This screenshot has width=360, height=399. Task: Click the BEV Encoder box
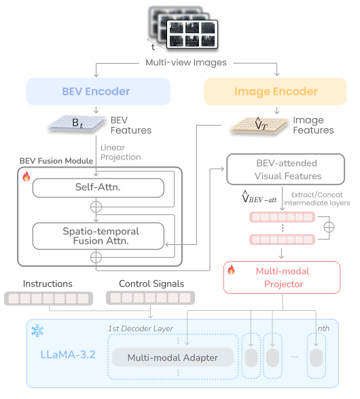pyautogui.click(x=98, y=92)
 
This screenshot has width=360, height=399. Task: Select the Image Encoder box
pyautogui.click(x=275, y=92)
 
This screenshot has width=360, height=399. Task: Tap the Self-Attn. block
pyautogui.click(x=98, y=188)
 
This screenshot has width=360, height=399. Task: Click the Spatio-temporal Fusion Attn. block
pyautogui.click(x=98, y=236)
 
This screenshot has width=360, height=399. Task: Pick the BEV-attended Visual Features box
pyautogui.click(x=285, y=169)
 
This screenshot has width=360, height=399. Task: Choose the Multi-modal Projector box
pyautogui.click(x=282, y=278)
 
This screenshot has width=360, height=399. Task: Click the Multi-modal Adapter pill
pyautogui.click(x=173, y=357)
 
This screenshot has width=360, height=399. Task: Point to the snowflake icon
pyautogui.click(x=37, y=330)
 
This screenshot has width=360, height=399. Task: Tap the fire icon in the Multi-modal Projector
pyautogui.click(x=231, y=269)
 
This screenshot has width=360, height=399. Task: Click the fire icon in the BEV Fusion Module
pyautogui.click(x=26, y=176)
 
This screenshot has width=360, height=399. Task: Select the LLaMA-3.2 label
pyautogui.click(x=68, y=354)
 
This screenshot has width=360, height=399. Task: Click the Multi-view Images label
pyautogui.click(x=185, y=62)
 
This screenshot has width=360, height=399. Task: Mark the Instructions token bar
pyautogui.click(x=48, y=299)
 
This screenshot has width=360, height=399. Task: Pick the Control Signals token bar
pyautogui.click(x=150, y=298)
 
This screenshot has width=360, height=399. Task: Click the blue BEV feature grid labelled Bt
pyautogui.click(x=77, y=123)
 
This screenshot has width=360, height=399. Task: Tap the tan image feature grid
pyautogui.click(x=259, y=126)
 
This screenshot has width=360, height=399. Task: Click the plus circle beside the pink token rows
pyautogui.click(x=329, y=227)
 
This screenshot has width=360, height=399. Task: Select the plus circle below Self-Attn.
pyautogui.click(x=96, y=207)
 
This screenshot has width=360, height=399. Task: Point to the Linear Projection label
pyautogui.click(x=120, y=153)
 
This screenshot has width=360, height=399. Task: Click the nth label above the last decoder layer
pyautogui.click(x=323, y=328)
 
